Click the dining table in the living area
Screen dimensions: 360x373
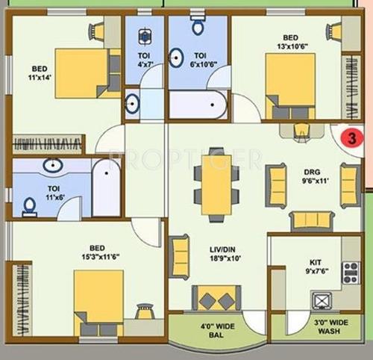(x=216, y=184)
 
